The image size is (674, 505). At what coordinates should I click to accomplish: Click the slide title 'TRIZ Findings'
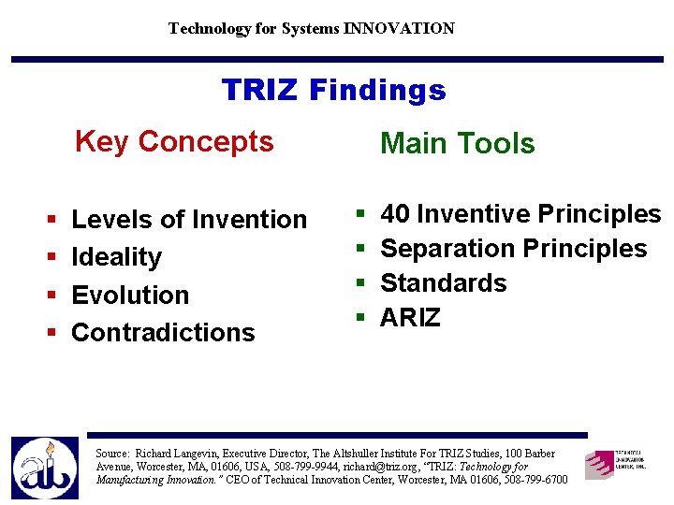pos(333,91)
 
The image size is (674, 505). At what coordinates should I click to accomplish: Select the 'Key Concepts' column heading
pos(174,142)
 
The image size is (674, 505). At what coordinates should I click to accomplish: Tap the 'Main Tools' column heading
pos(457,144)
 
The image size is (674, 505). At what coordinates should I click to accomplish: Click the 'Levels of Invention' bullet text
pos(189,220)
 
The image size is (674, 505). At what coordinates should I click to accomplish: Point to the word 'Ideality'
pos(116,257)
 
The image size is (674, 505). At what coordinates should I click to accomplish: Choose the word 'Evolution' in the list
pos(130,295)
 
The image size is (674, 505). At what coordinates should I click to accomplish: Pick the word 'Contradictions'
pos(163,332)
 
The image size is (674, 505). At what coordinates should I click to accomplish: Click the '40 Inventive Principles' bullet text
pos(520,214)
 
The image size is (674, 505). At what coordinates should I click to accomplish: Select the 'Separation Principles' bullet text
pos(513,249)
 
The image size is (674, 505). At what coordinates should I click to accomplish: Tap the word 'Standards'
pos(443,283)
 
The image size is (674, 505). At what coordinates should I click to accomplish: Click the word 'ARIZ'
pos(410,318)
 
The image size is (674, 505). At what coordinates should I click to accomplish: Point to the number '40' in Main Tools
pos(394,214)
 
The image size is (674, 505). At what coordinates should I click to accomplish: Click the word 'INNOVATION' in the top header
pos(399,28)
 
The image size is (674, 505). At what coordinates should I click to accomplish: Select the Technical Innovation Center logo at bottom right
pos(615,463)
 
